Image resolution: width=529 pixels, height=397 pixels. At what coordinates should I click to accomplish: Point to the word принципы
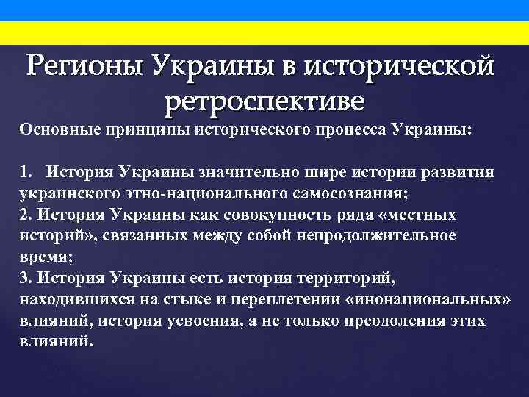click(x=137, y=129)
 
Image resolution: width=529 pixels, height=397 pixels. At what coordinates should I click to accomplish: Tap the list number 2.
click(x=24, y=215)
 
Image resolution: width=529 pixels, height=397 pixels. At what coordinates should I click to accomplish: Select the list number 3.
click(x=24, y=278)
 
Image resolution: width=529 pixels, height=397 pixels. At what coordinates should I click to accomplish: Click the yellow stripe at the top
click(x=264, y=32)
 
